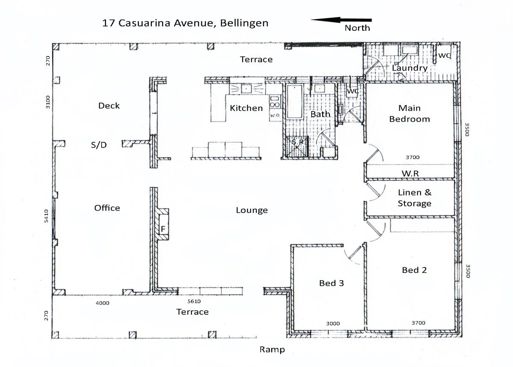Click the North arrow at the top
[341, 20]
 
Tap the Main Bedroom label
[409, 113]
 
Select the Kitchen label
[246, 108]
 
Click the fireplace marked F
[163, 229]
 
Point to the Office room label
[107, 208]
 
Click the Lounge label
[252, 210]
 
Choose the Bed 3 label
[331, 283]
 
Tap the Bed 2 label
[414, 270]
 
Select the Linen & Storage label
[414, 198]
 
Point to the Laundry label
[410, 68]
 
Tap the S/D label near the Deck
[99, 145]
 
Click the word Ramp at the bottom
[272, 349]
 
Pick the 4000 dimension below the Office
[102, 303]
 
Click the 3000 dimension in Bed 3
[333, 323]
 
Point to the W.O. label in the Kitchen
[274, 115]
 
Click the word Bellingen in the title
[244, 23]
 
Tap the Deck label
[109, 106]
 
